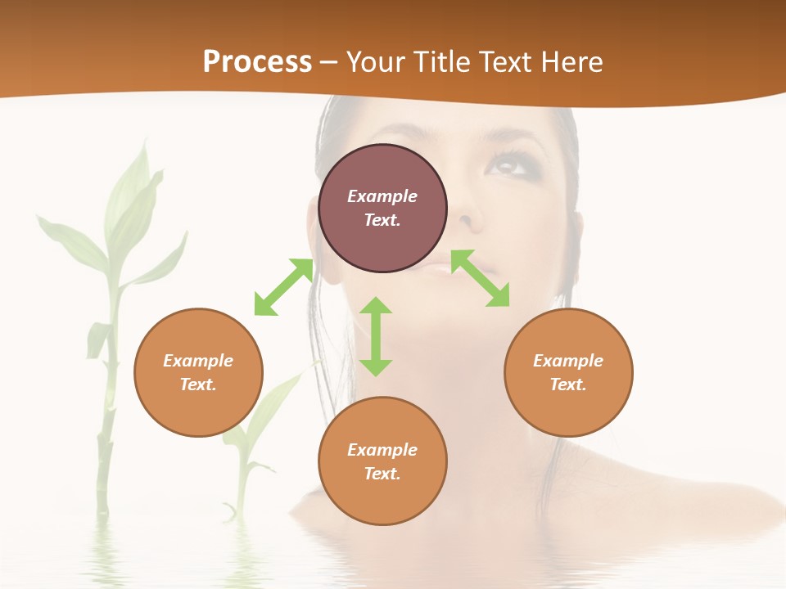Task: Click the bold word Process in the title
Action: pos(257,62)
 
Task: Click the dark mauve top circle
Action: pos(382,208)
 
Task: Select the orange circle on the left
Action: pos(198,372)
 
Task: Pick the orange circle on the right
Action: pos(568,372)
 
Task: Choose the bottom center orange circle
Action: pos(382,461)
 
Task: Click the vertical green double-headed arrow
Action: pos(376,336)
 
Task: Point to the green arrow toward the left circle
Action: pos(283,287)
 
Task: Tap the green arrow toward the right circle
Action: pos(481,278)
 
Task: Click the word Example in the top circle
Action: pos(382,196)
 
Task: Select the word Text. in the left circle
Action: pos(198,384)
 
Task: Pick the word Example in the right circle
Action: pos(568,361)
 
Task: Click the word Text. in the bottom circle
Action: pos(382,474)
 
